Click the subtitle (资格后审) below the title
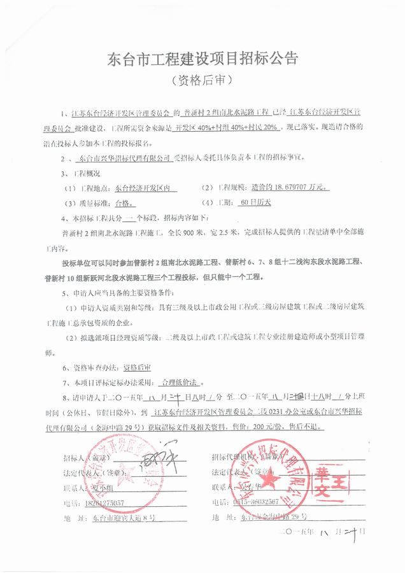click(x=202, y=82)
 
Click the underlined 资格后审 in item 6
click(x=137, y=367)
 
